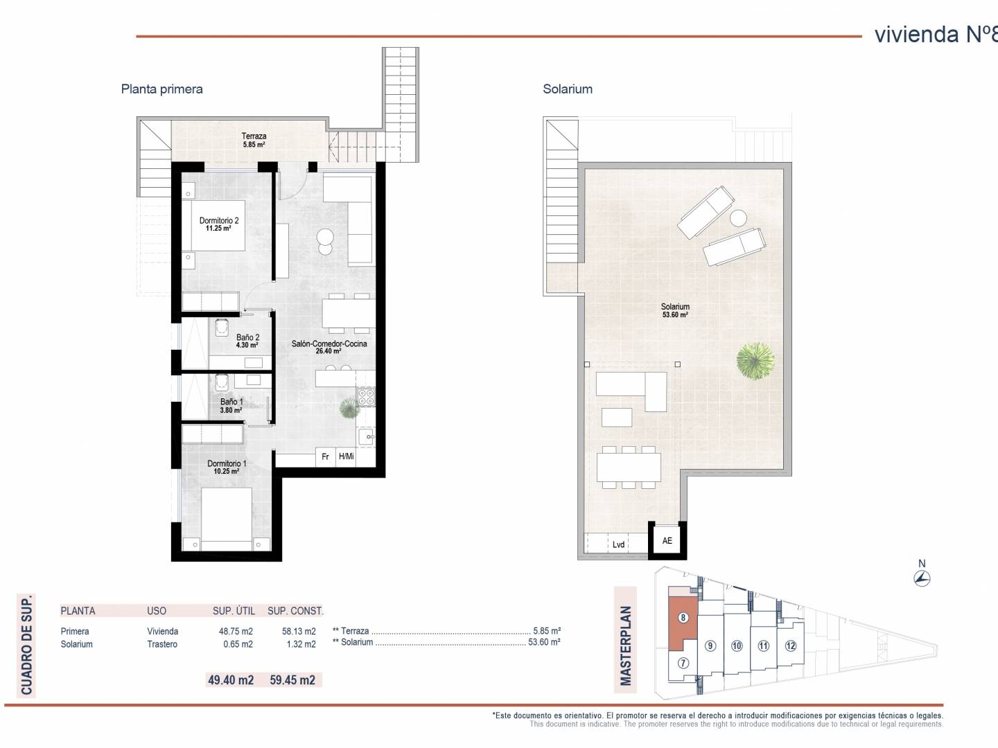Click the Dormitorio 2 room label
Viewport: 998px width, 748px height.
pyautogui.click(x=219, y=224)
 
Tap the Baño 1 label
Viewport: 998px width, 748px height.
pyautogui.click(x=231, y=406)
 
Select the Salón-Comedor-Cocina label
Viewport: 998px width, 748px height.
pyautogui.click(x=329, y=347)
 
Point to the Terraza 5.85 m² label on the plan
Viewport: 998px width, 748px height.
pyautogui.click(x=254, y=140)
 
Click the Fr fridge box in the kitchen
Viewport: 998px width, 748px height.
pyautogui.click(x=325, y=456)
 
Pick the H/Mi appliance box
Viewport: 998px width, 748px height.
pyautogui.click(x=346, y=456)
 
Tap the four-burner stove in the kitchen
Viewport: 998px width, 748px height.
pyautogui.click(x=366, y=396)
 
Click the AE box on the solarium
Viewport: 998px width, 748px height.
pyautogui.click(x=667, y=540)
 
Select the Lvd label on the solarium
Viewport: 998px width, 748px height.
pyautogui.click(x=618, y=544)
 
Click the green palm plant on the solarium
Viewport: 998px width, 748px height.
pyautogui.click(x=755, y=361)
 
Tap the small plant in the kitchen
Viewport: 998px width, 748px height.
pyautogui.click(x=349, y=408)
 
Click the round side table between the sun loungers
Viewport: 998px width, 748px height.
pyautogui.click(x=738, y=218)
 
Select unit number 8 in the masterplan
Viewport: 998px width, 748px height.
pyautogui.click(x=683, y=618)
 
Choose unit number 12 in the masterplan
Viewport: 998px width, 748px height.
pyautogui.click(x=791, y=645)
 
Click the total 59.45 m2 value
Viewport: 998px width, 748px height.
pyautogui.click(x=292, y=680)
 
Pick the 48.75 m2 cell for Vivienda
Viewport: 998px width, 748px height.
pyautogui.click(x=236, y=631)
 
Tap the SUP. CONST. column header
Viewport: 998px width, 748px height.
pyautogui.click(x=295, y=611)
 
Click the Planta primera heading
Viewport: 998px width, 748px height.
pyautogui.click(x=162, y=89)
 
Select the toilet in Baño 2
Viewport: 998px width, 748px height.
pyautogui.click(x=221, y=327)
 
